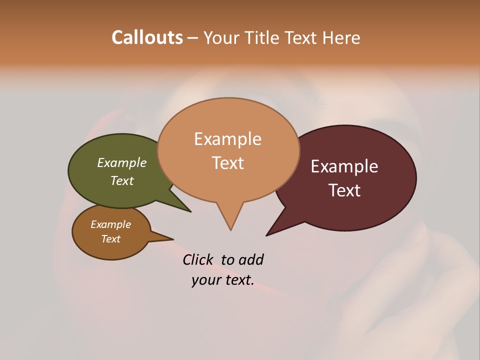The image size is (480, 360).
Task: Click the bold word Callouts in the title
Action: coord(147,37)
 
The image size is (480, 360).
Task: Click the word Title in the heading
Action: coord(260,37)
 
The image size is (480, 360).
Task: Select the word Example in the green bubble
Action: coord(122,162)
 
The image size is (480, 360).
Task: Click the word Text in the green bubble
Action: coord(122,180)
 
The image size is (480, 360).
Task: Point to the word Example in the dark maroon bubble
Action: coord(344,166)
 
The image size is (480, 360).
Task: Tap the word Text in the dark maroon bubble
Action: coord(344,190)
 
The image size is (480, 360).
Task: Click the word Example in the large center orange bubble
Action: coord(227,138)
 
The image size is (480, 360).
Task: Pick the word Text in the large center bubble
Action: coord(227,162)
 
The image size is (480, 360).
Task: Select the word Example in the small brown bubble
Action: coord(110,224)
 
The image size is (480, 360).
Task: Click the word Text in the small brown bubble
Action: coord(110,239)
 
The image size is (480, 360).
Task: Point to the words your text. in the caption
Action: coord(222,280)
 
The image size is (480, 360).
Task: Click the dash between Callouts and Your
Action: coord(193,38)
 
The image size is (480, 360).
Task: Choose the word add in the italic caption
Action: coord(251,259)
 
